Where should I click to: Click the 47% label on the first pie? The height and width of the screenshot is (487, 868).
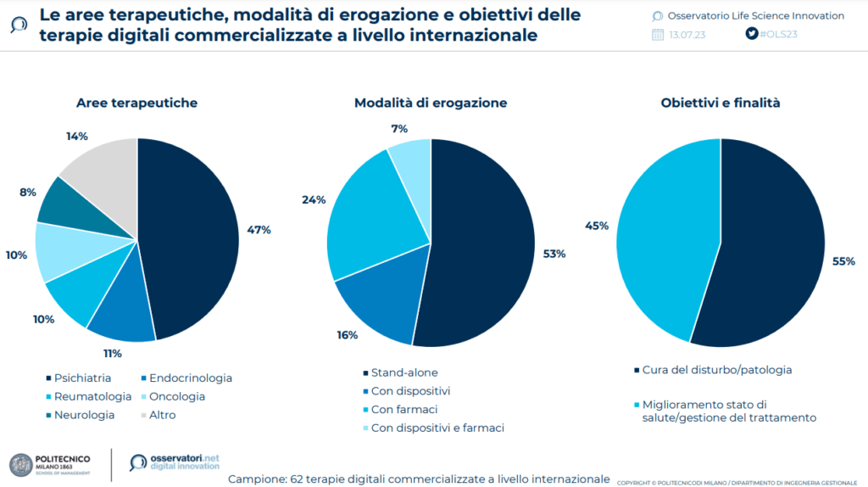click(259, 231)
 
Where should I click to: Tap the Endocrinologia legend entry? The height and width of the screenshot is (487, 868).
click(190, 378)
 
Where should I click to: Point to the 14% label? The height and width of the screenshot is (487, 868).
click(77, 136)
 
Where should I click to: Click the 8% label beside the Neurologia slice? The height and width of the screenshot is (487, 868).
click(28, 193)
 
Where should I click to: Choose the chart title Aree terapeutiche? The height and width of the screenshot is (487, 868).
click(136, 103)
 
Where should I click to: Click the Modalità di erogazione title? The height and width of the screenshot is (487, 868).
click(431, 103)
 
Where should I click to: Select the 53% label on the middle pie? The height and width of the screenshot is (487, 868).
click(554, 254)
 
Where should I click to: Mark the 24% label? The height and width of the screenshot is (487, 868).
click(314, 200)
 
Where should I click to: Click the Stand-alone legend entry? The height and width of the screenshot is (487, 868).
click(403, 372)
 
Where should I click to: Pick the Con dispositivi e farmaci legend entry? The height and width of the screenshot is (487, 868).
click(437, 428)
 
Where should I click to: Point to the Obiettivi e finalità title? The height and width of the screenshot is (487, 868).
click(721, 103)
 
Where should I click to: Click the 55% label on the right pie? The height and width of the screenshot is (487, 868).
click(843, 262)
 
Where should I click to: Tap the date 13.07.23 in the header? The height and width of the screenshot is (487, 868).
click(687, 35)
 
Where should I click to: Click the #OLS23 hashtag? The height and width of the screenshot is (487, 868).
click(778, 34)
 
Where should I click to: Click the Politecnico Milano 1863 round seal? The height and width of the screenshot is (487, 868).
click(20, 464)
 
